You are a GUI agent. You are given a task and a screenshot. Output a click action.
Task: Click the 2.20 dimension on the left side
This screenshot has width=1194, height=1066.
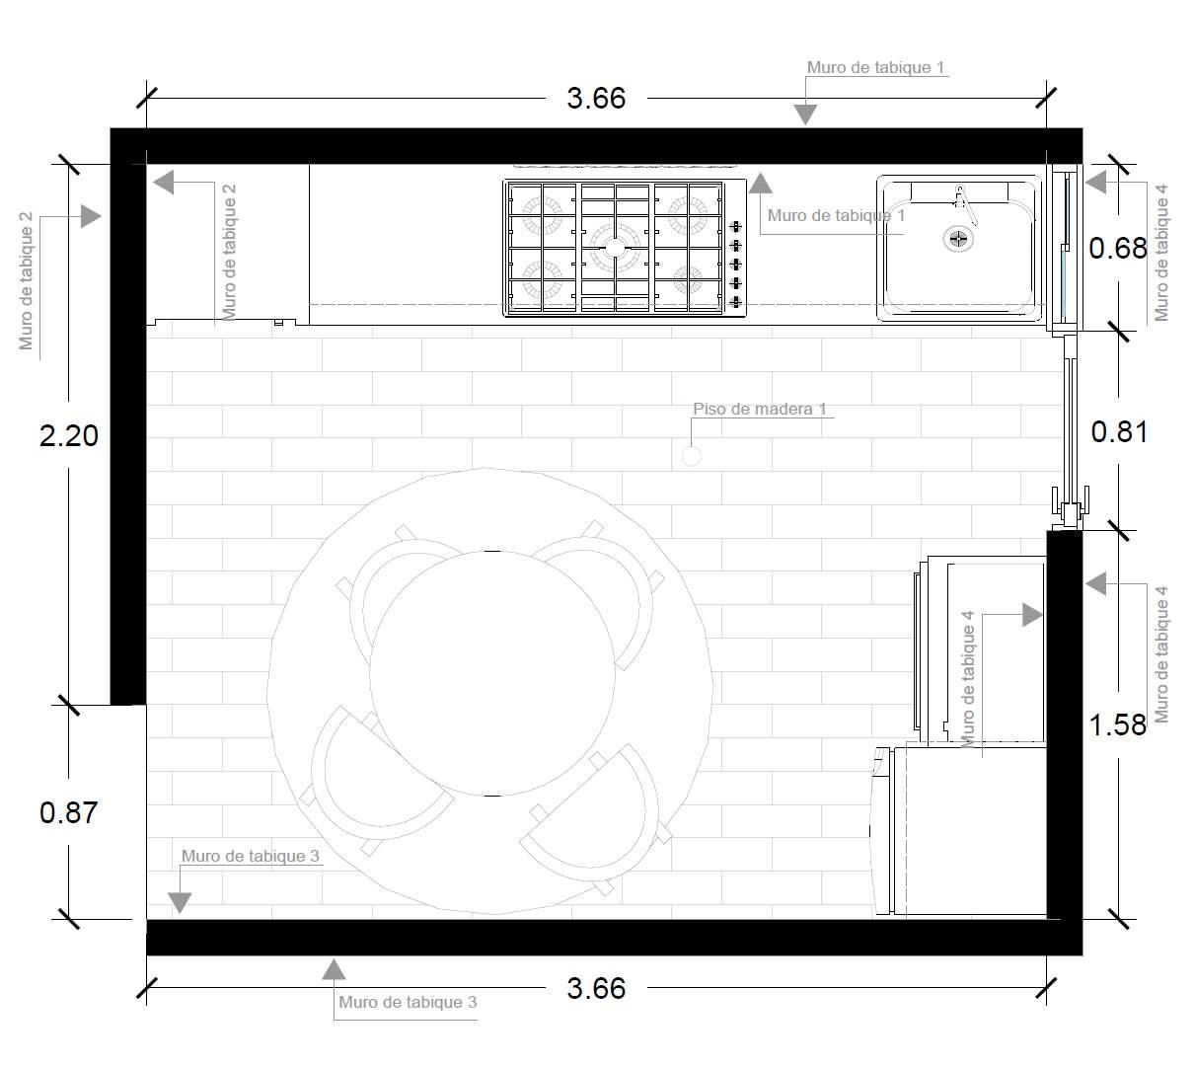click(x=68, y=436)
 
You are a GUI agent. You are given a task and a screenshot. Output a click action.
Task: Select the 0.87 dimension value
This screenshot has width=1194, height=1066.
click(x=68, y=813)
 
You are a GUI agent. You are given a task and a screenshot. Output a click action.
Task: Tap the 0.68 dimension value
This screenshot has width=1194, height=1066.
click(x=1117, y=248)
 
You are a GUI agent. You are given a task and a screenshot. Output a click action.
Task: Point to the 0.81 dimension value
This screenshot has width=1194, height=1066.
click(x=1119, y=432)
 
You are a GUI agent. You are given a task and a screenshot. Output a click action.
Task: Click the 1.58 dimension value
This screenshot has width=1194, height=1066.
click(x=1117, y=724)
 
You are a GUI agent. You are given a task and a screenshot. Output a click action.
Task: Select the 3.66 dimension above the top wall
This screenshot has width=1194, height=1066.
click(x=596, y=99)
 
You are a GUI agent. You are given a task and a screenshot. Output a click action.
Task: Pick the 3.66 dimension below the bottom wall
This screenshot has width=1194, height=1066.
click(x=596, y=989)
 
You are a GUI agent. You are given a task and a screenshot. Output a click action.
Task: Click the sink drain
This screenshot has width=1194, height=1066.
click(x=958, y=239)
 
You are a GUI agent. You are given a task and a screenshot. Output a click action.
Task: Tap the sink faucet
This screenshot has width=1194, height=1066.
click(x=965, y=204)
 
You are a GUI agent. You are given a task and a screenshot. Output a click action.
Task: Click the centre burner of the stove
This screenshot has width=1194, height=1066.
click(x=615, y=247)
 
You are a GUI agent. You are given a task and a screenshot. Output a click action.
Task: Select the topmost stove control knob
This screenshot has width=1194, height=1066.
click(x=735, y=226)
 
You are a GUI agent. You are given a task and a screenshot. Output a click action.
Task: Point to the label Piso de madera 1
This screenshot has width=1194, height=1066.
click(x=760, y=409)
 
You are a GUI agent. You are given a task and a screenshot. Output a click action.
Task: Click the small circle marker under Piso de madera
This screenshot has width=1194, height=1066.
click(x=692, y=456)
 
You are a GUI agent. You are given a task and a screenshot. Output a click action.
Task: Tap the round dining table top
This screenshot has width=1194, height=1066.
click(x=492, y=673)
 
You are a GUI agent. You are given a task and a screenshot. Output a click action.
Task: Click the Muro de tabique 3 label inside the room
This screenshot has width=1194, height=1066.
click(x=250, y=856)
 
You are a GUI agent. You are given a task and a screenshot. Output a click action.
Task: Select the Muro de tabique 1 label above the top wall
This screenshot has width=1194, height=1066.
click(x=875, y=67)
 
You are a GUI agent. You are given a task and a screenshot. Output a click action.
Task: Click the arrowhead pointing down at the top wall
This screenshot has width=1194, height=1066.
click(x=805, y=114)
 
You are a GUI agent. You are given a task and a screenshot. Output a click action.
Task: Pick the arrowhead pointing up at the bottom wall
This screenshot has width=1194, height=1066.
click(x=334, y=969)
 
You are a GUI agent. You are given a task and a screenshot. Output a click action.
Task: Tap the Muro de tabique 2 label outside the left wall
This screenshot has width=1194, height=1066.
click(x=26, y=281)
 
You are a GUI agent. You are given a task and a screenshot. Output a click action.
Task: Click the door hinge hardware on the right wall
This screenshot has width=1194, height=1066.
click(x=1071, y=507)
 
